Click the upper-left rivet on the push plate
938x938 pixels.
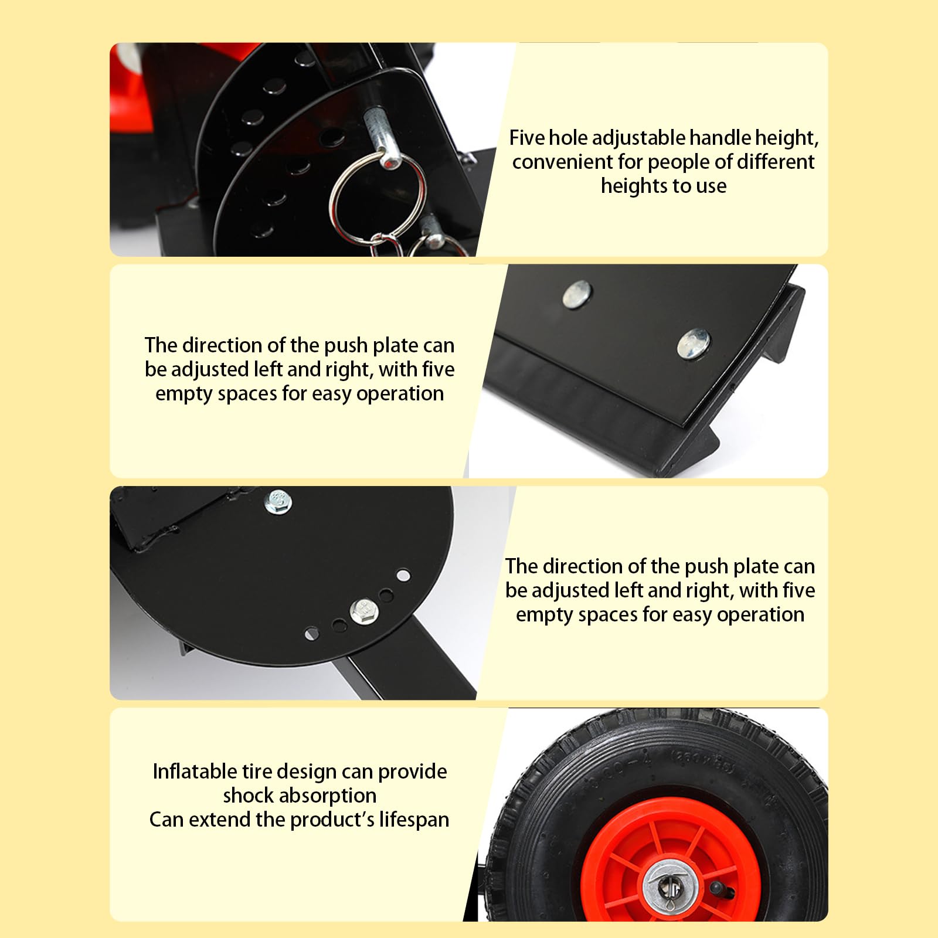tap(577, 294)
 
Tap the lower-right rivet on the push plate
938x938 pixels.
tap(694, 344)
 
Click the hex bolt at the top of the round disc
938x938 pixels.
tap(278, 502)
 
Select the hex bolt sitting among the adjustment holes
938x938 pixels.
tap(363, 611)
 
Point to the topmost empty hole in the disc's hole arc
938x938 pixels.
tap(403, 575)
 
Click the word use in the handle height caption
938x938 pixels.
tap(711, 186)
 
